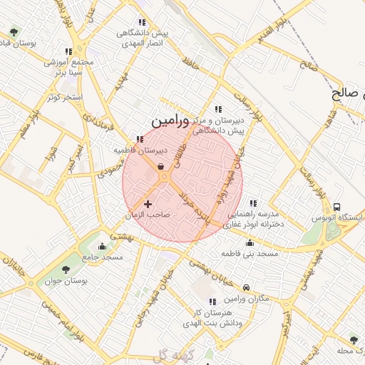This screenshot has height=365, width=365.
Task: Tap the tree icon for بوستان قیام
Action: click(x=14, y=32)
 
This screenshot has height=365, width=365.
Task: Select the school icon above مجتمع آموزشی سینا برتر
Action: click(x=68, y=51)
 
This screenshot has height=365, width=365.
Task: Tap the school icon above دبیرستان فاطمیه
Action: click(x=140, y=140)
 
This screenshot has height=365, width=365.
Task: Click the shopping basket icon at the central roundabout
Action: click(x=162, y=168)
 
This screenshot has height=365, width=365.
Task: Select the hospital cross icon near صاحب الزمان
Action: click(x=148, y=205)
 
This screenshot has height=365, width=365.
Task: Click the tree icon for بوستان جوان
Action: click(x=66, y=270)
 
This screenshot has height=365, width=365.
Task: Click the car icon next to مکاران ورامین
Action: click(x=246, y=287)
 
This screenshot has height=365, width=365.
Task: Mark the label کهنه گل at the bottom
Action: click(x=168, y=356)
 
